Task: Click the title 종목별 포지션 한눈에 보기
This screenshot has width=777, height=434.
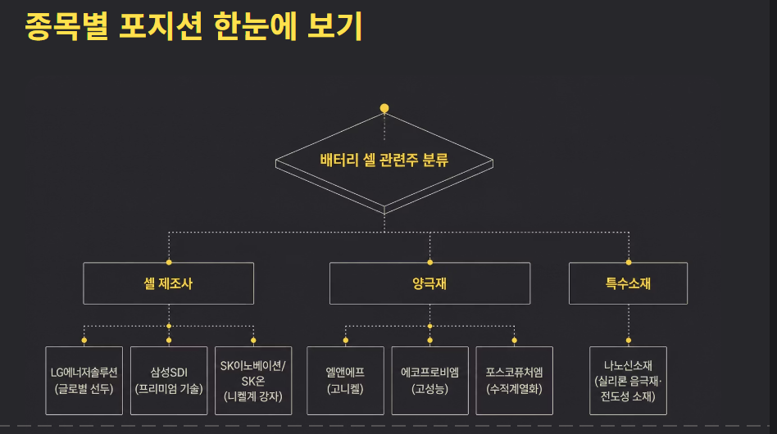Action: click(x=193, y=26)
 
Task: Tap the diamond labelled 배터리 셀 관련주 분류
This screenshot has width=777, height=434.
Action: click(x=384, y=160)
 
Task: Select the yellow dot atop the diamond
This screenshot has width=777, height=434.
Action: click(x=384, y=108)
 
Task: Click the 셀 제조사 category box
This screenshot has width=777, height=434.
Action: click(x=169, y=283)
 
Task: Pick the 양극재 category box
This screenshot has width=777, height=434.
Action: click(x=429, y=283)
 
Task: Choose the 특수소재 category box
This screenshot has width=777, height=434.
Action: click(x=628, y=283)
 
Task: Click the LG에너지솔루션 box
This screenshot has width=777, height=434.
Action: click(x=84, y=381)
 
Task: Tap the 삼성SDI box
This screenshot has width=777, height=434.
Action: click(x=169, y=381)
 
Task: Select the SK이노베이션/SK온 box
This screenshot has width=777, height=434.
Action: click(x=253, y=381)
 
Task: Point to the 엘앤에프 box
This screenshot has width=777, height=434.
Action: click(x=345, y=381)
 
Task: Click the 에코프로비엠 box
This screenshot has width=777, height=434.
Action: click(x=429, y=381)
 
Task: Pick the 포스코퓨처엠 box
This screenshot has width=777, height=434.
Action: click(x=515, y=381)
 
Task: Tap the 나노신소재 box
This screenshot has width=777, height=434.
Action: click(x=628, y=381)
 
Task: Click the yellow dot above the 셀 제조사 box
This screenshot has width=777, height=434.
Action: click(x=169, y=262)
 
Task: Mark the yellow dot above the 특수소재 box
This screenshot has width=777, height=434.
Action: click(x=629, y=262)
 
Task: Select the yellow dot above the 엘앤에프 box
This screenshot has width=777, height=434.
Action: click(x=345, y=341)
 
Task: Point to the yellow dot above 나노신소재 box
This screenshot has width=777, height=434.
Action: click(x=629, y=341)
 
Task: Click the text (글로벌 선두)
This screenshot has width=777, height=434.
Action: click(x=84, y=389)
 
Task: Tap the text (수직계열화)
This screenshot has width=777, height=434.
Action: click(x=515, y=389)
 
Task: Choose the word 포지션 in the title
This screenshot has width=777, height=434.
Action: click(x=161, y=26)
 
